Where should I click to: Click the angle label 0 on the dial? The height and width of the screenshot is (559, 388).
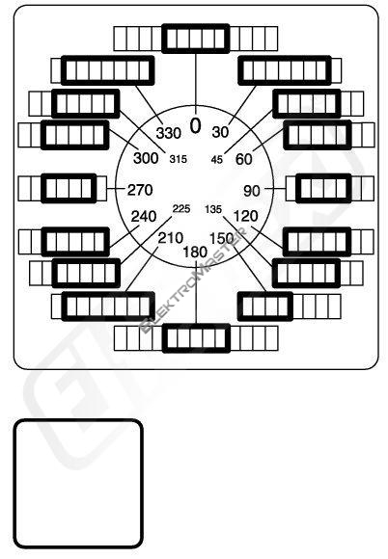tap(195, 126)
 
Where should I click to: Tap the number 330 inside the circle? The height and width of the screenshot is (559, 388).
tap(169, 133)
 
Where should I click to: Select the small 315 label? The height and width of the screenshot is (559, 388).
tap(179, 159)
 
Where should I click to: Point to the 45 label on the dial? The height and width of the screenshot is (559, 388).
tap(216, 159)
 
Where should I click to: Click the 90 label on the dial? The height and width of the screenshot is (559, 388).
tap(252, 191)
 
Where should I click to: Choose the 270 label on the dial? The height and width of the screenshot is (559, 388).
tap(140, 190)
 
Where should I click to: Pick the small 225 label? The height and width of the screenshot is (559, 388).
tap(181, 208)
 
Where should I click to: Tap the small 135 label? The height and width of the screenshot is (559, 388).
tap(213, 209)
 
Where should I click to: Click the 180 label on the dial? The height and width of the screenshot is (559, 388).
tap(195, 253)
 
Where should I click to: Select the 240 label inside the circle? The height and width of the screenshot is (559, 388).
tap(144, 217)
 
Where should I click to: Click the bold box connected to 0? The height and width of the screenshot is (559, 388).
tap(196, 39)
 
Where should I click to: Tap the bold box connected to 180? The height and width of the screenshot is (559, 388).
tap(196, 338)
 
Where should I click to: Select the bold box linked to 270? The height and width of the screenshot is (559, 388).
tap(69, 188)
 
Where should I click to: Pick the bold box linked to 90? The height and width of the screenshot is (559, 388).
tap(323, 188)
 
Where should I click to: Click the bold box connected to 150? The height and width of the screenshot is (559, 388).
tap(265, 306)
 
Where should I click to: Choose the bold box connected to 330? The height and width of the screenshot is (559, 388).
tap(108, 70)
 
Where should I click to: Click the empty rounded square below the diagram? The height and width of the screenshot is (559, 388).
tap(78, 484)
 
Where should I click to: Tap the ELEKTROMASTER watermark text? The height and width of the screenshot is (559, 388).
tap(193, 280)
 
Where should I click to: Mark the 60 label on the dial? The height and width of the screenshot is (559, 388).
tap(244, 159)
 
